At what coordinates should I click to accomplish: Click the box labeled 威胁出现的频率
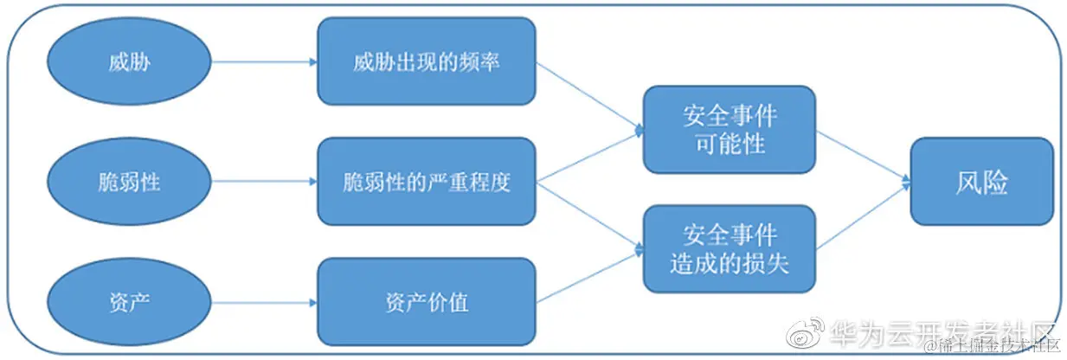pyautogui.click(x=426, y=62)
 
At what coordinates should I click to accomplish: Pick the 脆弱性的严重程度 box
pyautogui.click(x=426, y=182)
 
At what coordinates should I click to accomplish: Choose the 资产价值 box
pyautogui.click(x=426, y=302)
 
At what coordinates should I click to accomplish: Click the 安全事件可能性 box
pyautogui.click(x=730, y=129)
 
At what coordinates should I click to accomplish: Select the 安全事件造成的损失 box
pyautogui.click(x=730, y=248)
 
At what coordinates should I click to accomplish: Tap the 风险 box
pyautogui.click(x=981, y=182)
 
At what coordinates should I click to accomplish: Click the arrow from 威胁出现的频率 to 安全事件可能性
pyautogui.click(x=590, y=96)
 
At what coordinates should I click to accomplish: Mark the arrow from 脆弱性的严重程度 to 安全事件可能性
pyautogui.click(x=590, y=156)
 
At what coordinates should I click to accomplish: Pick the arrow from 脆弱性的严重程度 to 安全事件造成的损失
pyautogui.click(x=590, y=215)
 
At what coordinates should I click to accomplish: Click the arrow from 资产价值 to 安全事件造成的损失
pyautogui.click(x=590, y=276)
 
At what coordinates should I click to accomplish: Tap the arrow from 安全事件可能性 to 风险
pyautogui.click(x=864, y=157)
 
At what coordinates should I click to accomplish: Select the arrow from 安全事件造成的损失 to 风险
pyautogui.click(x=864, y=217)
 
